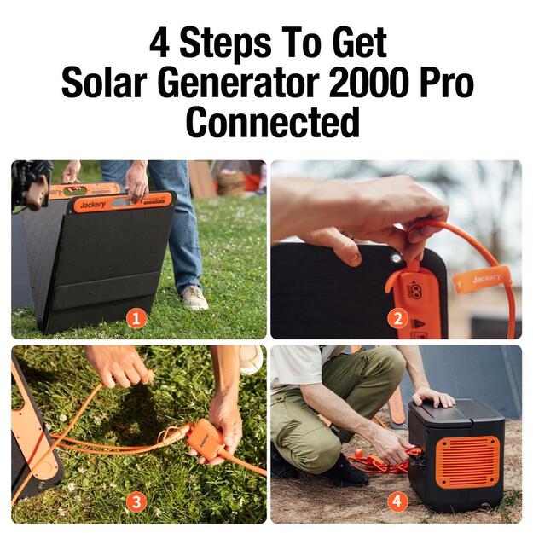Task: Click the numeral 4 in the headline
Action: [x=159, y=43]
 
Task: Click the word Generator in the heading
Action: [x=238, y=83]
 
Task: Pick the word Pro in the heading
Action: [x=446, y=83]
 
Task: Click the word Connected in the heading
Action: [x=273, y=121]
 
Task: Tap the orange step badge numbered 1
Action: [x=136, y=319]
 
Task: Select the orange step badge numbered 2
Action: [x=397, y=318]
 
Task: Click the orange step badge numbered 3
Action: [x=136, y=502]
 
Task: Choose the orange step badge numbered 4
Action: [x=397, y=501]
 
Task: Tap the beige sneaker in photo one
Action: [x=194, y=298]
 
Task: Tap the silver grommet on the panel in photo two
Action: [x=395, y=258]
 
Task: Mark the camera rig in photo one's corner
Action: [x=30, y=183]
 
